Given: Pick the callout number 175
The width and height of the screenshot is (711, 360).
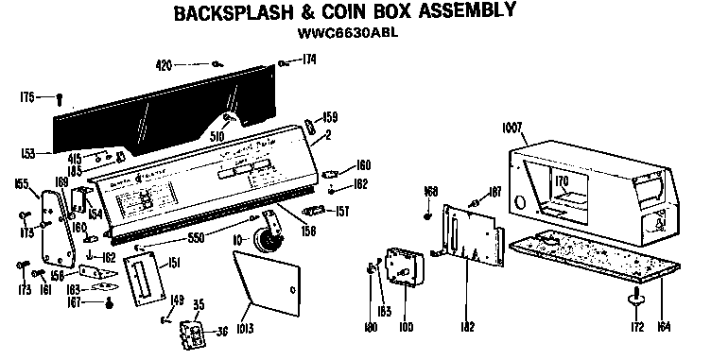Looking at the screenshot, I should (27, 96).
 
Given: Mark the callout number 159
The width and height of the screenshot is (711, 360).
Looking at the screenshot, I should (330, 118).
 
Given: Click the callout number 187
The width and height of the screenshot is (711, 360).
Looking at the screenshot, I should (494, 193).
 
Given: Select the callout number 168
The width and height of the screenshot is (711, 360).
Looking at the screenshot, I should (431, 192).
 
